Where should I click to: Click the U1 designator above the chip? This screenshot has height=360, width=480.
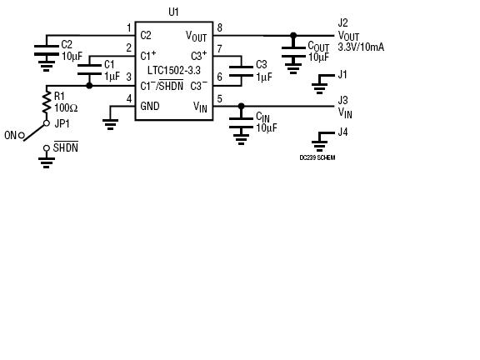(173, 12)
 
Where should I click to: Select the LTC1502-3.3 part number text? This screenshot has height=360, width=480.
(174, 70)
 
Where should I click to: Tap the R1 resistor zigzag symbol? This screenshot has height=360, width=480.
(47, 102)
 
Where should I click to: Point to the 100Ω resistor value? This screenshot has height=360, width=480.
(66, 107)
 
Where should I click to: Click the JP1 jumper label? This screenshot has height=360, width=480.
(62, 123)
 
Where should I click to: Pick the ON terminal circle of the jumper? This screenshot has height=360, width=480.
(22, 135)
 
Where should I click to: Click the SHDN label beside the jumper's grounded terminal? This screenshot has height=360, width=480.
(66, 147)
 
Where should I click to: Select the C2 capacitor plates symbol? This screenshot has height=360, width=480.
(46, 50)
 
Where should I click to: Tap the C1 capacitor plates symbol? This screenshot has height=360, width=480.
(89, 70)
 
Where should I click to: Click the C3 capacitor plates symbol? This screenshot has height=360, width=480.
(241, 71)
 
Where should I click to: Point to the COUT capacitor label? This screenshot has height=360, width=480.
(318, 47)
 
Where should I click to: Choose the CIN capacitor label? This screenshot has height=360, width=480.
(262, 117)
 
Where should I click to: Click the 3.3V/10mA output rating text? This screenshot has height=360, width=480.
(361, 47)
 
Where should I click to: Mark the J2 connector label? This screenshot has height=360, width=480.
(342, 23)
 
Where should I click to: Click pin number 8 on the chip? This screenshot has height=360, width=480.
(219, 27)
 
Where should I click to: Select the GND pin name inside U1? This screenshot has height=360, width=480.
(150, 106)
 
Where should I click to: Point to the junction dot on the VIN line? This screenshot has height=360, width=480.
(241, 106)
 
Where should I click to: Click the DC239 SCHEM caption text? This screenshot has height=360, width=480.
(317, 157)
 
